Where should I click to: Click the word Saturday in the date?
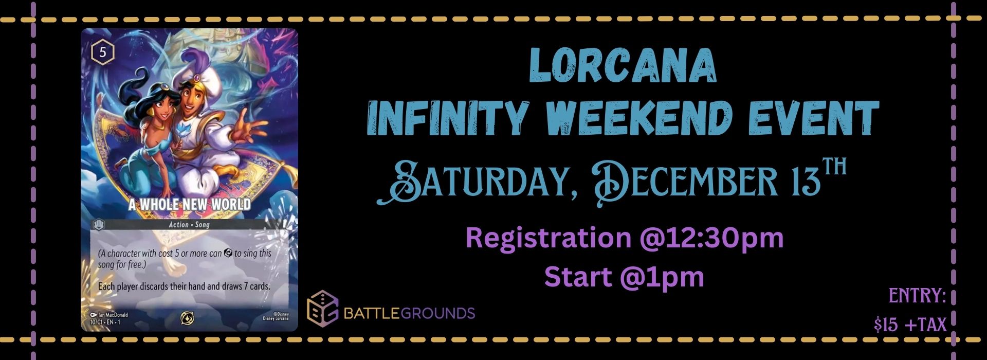pos(473,183)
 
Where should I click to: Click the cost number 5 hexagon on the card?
pos(103,53)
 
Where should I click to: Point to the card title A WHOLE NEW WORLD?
pos(189,204)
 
